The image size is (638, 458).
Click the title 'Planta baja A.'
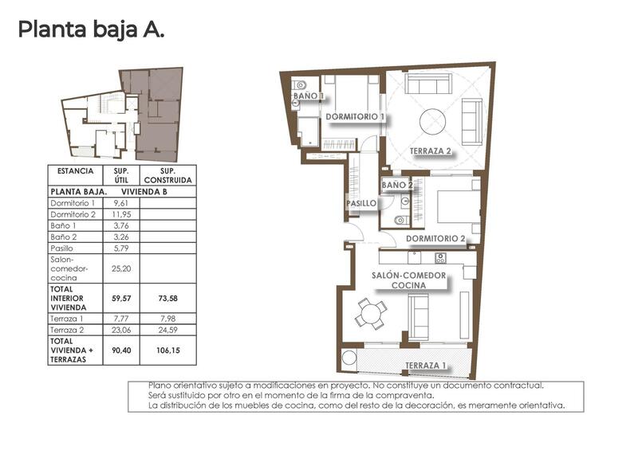click(91, 30)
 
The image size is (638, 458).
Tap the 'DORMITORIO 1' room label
click(356, 116)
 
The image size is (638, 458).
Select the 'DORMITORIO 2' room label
click(435, 238)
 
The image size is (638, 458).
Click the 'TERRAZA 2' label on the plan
click(431, 151)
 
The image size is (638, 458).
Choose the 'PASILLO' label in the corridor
click(361, 204)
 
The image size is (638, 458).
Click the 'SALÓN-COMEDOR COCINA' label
click(409, 281)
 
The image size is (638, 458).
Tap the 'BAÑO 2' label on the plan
click(397, 185)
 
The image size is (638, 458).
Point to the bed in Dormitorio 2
click(459, 206)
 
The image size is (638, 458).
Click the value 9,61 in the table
click(121, 204)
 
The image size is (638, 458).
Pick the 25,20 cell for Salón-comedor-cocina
click(121, 269)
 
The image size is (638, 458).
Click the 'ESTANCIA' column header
click(76, 171)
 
